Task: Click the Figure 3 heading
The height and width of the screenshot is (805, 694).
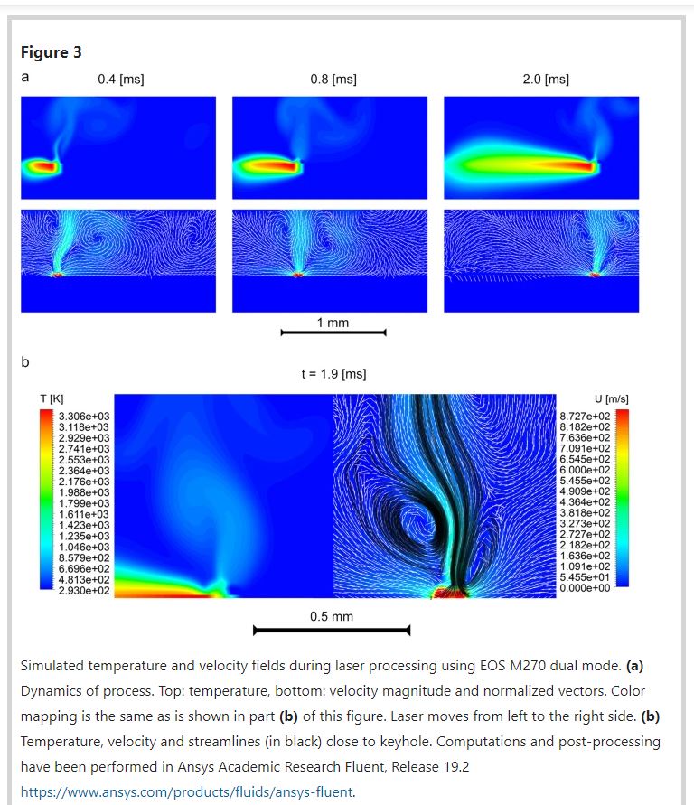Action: tap(52, 52)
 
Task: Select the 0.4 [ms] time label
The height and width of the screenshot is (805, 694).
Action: tap(120, 80)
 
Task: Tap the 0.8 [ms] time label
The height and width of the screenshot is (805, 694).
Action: tap(333, 80)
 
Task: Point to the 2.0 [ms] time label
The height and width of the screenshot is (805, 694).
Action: tap(546, 80)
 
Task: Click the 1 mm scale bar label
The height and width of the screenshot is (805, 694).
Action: tap(333, 323)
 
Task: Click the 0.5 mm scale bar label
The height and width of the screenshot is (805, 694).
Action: tap(332, 617)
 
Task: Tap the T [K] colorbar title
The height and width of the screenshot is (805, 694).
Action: tap(51, 398)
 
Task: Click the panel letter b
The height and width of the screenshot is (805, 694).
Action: tap(25, 362)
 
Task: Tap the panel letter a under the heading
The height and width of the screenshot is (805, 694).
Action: tap(25, 78)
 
